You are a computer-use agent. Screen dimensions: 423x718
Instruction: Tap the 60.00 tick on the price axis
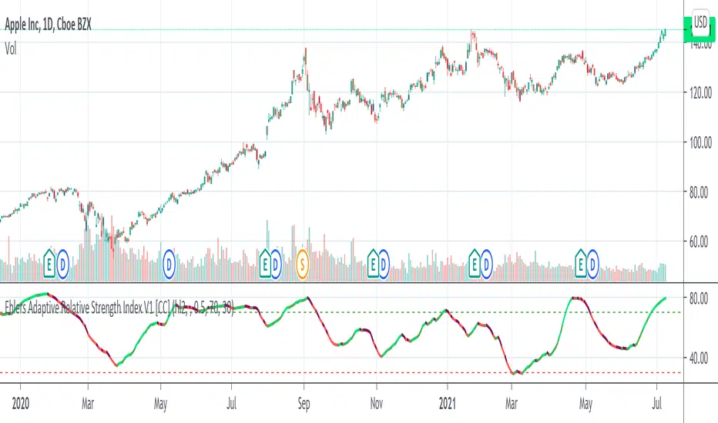coord(698,241)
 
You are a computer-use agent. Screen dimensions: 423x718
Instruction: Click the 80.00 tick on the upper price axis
coord(698,192)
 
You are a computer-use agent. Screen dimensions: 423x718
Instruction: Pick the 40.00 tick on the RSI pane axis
coord(698,357)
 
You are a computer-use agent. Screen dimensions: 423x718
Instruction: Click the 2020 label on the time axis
coord(16,403)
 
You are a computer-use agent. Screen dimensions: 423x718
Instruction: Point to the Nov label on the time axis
coord(376,403)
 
